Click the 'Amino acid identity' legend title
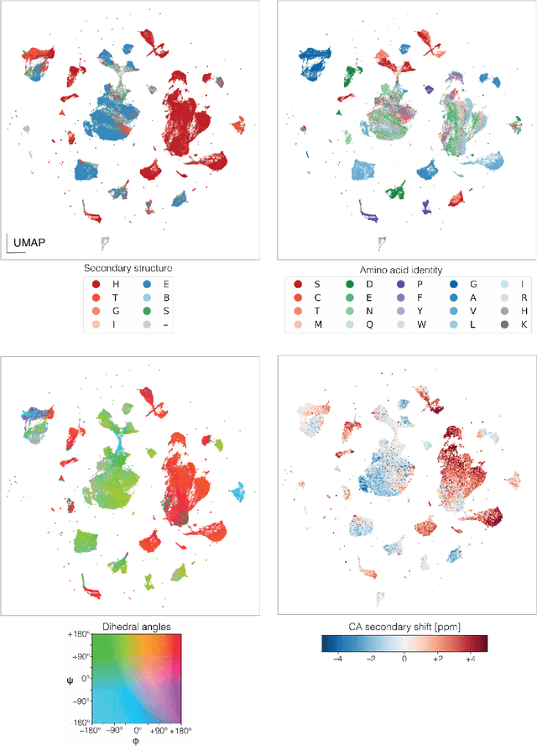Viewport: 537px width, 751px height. (x=403, y=269)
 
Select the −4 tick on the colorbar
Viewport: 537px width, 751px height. (x=338, y=659)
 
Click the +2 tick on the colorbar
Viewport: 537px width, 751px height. (x=437, y=659)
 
